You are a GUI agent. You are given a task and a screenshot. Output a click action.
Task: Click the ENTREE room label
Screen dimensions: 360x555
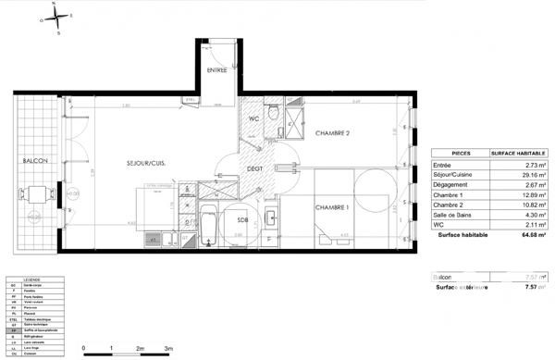216,70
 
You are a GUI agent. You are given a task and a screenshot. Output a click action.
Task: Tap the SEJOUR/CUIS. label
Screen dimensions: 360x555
146,164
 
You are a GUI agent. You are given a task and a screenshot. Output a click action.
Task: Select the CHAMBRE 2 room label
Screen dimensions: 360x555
332,133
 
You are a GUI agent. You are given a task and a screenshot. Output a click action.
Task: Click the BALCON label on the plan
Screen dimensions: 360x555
35,161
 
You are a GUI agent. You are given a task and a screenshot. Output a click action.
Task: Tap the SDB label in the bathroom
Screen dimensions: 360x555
242,219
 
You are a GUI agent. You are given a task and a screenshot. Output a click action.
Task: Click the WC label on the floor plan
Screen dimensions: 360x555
254,119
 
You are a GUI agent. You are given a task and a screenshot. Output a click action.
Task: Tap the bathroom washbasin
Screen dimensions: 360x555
272,220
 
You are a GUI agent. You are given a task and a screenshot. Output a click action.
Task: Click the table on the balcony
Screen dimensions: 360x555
34,194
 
